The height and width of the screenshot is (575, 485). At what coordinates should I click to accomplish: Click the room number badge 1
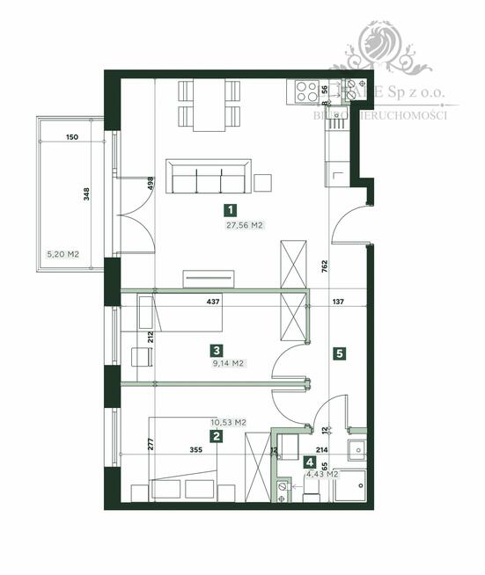[230, 210]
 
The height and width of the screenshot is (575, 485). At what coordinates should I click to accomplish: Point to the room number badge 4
[309, 462]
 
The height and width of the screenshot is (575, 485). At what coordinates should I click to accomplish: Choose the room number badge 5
[340, 353]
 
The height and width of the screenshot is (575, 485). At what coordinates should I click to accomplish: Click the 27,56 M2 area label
[246, 225]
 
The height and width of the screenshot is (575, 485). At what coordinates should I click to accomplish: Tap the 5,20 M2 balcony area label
[63, 254]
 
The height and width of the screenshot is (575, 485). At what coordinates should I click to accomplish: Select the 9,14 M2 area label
[227, 363]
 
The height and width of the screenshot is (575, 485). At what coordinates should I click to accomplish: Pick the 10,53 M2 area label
[228, 423]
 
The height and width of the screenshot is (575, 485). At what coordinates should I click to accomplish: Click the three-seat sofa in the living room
[210, 177]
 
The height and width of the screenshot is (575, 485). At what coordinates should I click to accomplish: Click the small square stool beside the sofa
[263, 183]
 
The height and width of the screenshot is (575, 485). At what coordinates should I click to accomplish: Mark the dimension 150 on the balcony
[72, 137]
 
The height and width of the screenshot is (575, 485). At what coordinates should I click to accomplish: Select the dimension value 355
[195, 450]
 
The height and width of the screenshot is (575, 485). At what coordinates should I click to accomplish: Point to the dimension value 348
[86, 194]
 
